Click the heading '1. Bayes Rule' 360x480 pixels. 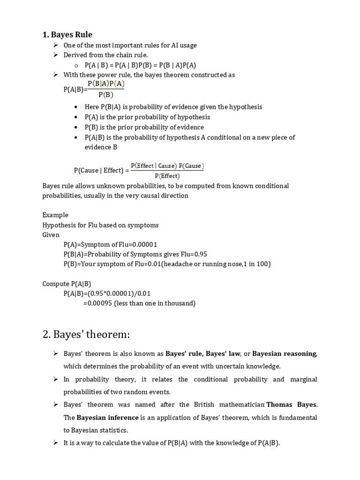67,34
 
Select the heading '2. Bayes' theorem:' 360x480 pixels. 86,334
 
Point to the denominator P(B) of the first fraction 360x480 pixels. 105,94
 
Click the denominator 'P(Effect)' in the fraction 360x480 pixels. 167,176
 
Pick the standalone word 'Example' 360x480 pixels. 55,215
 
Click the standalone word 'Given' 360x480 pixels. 51,235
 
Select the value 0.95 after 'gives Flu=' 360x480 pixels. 199,255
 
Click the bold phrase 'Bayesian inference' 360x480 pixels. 108,418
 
